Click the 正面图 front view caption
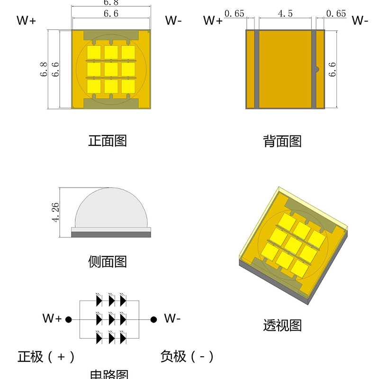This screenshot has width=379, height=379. (x=108, y=141)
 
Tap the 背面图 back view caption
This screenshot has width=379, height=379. (x=282, y=141)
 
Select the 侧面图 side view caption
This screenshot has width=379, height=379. (x=108, y=261)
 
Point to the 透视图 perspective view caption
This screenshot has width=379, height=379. (x=282, y=325)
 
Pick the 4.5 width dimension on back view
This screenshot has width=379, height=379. (x=285, y=14)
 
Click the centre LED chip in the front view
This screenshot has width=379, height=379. (x=111, y=69)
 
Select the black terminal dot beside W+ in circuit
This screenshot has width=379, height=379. (x=68, y=319)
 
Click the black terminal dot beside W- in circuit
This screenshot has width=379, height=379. (x=153, y=319)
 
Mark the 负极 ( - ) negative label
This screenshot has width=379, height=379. (x=187, y=356)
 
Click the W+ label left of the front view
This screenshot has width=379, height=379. (x=26, y=20)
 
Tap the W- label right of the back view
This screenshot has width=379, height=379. (x=360, y=20)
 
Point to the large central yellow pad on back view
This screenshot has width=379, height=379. (x=285, y=69)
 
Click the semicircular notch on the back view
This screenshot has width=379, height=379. (x=318, y=70)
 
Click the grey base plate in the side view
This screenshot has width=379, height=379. (x=111, y=234)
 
